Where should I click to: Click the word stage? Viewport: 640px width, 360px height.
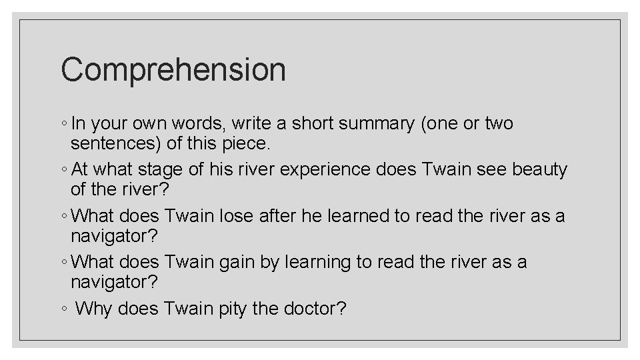(158, 170)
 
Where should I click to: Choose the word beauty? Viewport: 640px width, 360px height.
(539, 170)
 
